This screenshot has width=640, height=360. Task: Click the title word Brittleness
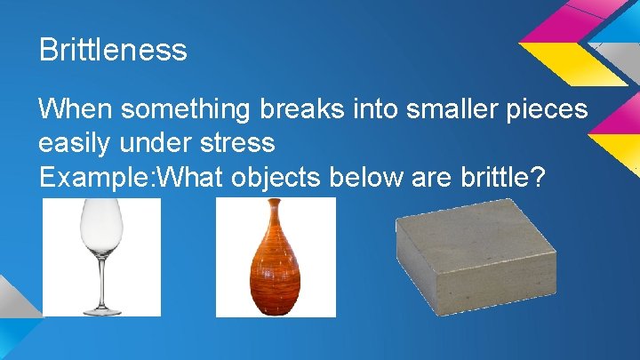113,50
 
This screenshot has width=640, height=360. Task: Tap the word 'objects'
276,176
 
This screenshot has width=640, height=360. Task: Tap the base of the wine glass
101,309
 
